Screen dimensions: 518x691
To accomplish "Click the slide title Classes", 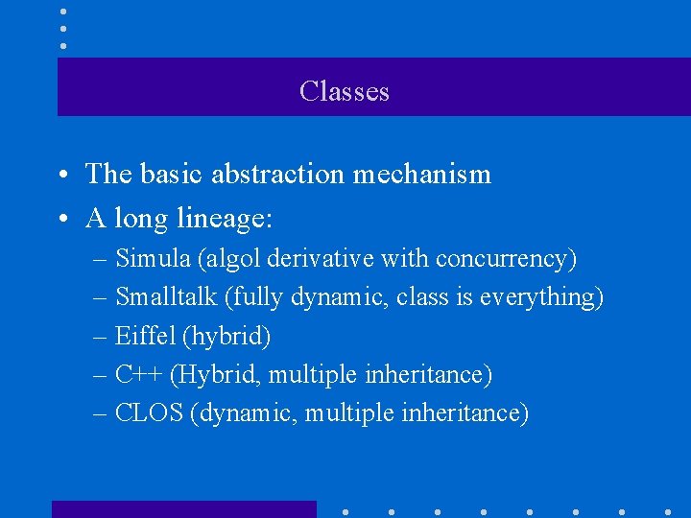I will pos(344,91).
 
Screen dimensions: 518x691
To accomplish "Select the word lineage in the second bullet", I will pos(225,219).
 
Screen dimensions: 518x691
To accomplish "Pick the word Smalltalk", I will pos(166,297).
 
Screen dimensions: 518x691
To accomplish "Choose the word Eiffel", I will pos(144,336).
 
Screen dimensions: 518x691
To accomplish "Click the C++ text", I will pos(136,374).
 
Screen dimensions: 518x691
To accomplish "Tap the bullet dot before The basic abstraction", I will pos(60,176).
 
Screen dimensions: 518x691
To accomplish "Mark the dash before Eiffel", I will pos(101,338).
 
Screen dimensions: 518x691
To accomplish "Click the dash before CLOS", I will pos(101,414).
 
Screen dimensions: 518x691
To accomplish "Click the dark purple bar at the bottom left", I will pos(183,509).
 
